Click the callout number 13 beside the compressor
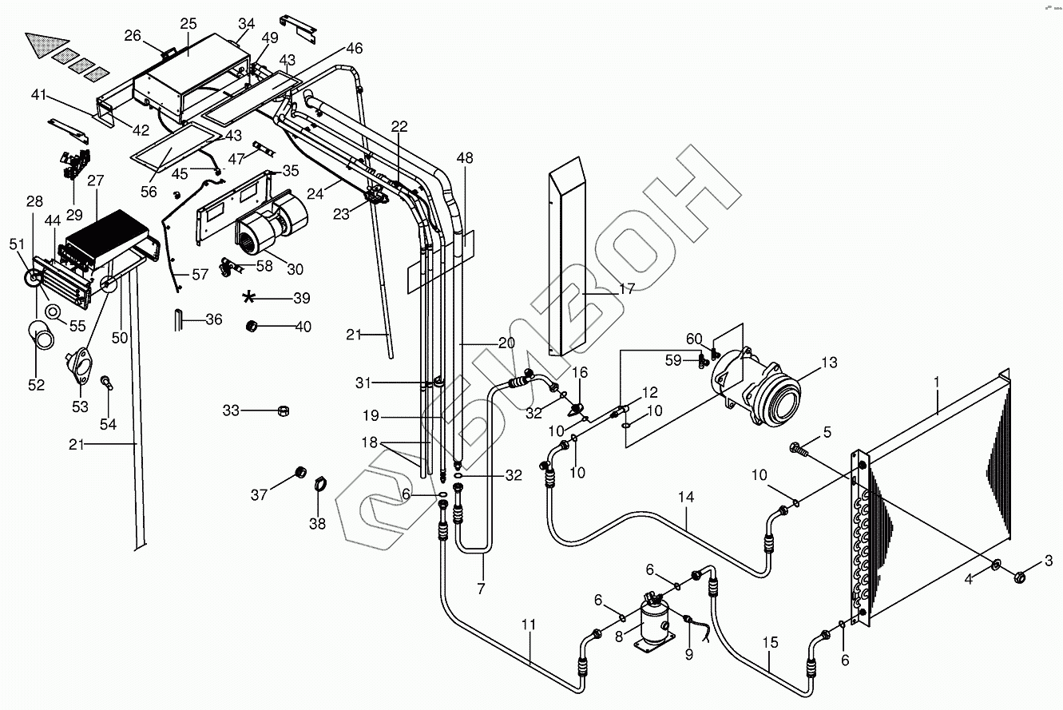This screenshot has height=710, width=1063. pyautogui.click(x=829, y=363)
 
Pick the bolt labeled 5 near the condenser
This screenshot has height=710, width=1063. pyautogui.click(x=799, y=450)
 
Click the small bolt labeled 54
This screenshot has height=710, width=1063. pyautogui.click(x=105, y=385)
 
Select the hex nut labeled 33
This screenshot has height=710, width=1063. pyautogui.click(x=281, y=411)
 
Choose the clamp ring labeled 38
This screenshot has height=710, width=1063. pyautogui.click(x=318, y=482)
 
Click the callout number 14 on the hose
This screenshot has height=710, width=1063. pyautogui.click(x=686, y=497)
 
